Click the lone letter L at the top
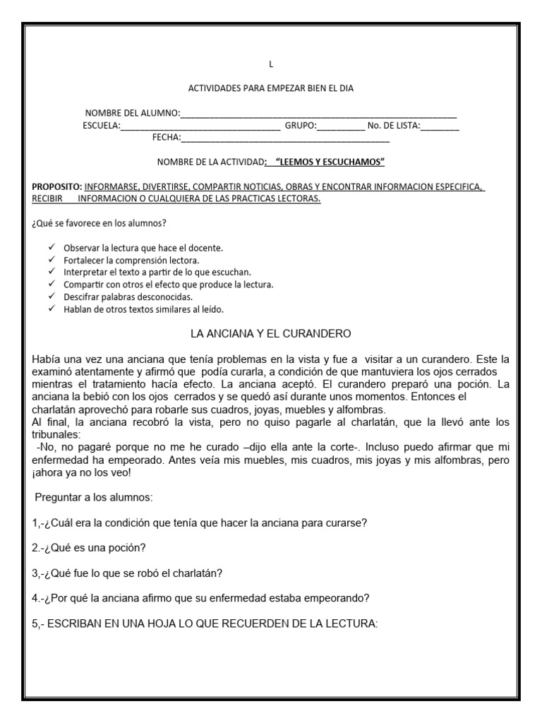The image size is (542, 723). pos(270,66)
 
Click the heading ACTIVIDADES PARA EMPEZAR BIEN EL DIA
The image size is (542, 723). pos(270,88)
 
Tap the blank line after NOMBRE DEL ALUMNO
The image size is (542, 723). pos(318,115)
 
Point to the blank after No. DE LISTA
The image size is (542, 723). pos(440,128)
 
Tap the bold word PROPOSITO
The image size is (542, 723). pos(57,187)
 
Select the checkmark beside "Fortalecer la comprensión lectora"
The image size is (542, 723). pos(52,260)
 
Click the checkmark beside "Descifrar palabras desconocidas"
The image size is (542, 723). pos(52,297)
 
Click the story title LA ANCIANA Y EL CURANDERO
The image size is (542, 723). pos(271,333)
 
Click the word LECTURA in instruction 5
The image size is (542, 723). pos(351,623)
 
